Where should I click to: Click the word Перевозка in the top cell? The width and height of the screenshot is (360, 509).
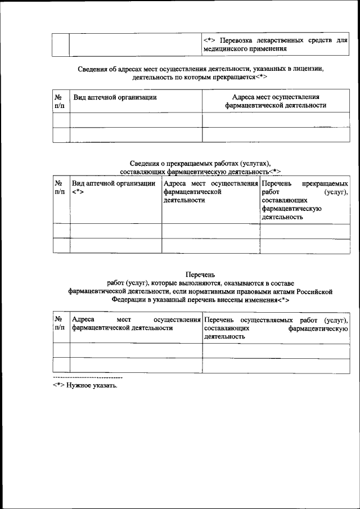pyautogui.click(x=236, y=40)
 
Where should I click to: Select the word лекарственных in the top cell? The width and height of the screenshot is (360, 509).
pyautogui.click(x=275, y=40)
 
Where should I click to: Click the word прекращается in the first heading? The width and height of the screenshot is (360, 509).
pyautogui.click(x=232, y=78)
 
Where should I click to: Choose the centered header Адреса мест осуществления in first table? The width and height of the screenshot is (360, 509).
pyautogui.click(x=275, y=97)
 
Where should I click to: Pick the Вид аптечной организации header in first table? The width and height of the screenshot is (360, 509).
pyautogui.click(x=115, y=97)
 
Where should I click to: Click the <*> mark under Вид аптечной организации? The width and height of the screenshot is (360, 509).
pyautogui.click(x=78, y=192)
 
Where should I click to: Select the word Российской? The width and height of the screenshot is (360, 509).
pyautogui.click(x=316, y=291)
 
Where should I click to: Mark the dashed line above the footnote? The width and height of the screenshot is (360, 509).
pyautogui.click(x=87, y=376)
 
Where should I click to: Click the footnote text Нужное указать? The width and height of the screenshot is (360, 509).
pyautogui.click(x=92, y=386)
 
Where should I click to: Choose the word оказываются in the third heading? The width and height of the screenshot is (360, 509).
pyautogui.click(x=247, y=283)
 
